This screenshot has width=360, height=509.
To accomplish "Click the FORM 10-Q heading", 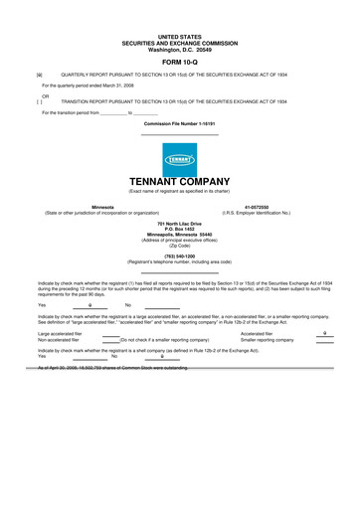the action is pyautogui.click(x=180, y=60).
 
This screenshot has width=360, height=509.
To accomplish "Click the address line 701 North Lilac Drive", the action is pyautogui.click(x=180, y=225).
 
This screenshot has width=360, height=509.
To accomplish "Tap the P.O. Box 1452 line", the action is pyautogui.click(x=180, y=230).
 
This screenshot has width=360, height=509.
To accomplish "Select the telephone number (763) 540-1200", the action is pyautogui.click(x=180, y=255).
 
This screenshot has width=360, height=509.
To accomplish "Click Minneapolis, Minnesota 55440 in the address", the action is pyautogui.click(x=180, y=235).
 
